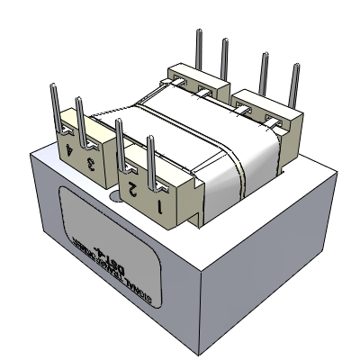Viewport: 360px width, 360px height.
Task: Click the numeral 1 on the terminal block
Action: (161, 208)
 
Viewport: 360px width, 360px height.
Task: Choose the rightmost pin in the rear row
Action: (292, 85)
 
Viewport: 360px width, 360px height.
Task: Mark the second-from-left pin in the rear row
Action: (223, 61)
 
